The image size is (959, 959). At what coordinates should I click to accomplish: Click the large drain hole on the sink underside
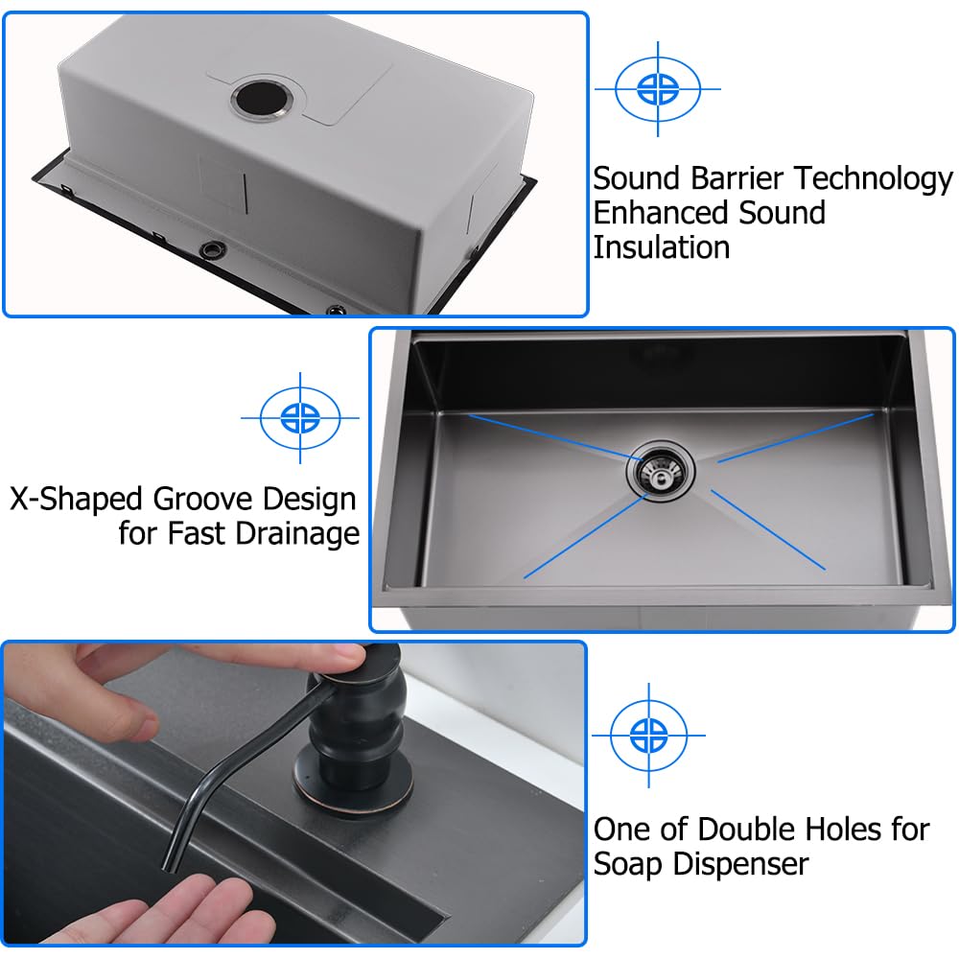click(x=259, y=98)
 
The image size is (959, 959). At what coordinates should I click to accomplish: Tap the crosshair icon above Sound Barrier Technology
click(x=657, y=89)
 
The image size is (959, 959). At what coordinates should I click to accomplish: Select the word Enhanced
click(x=661, y=213)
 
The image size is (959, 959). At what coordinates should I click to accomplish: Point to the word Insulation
click(x=661, y=246)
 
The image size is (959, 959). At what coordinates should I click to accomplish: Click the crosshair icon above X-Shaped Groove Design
click(x=300, y=417)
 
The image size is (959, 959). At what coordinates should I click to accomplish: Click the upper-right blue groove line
click(x=795, y=437)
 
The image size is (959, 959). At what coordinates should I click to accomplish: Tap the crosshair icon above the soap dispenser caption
click(x=648, y=736)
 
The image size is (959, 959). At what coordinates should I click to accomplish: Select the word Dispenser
click(x=739, y=863)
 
